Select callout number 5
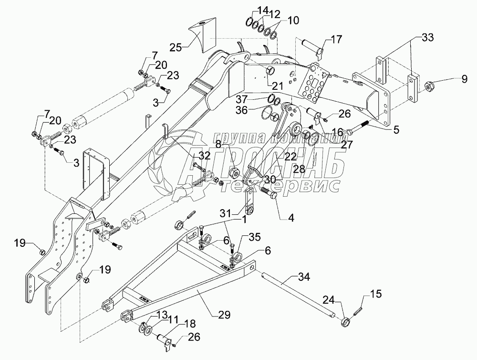tap(396, 128)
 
